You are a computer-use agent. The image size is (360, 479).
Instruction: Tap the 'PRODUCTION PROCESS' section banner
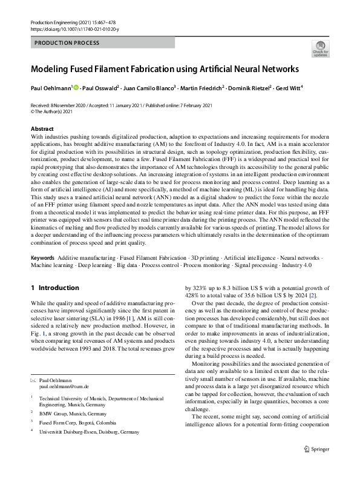(67, 43)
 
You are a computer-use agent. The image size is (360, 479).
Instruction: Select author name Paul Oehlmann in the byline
(51, 88)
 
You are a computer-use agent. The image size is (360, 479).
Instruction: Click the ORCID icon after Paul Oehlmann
(76, 87)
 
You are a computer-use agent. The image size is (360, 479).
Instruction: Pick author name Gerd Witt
(288, 88)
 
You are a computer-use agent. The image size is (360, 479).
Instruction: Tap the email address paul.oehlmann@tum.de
(64, 386)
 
